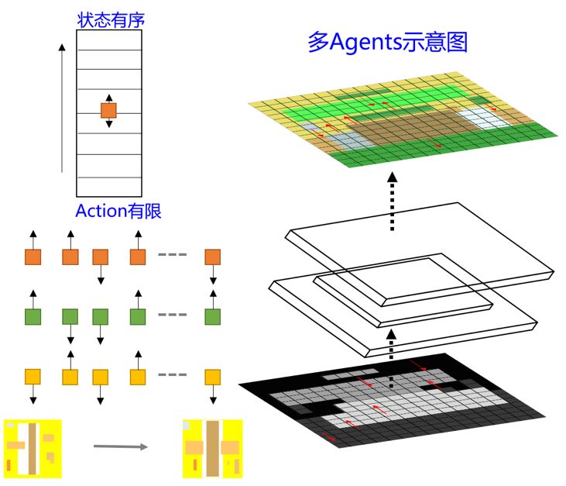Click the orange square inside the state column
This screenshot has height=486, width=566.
coord(109,111)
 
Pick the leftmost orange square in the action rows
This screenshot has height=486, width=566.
coord(33,257)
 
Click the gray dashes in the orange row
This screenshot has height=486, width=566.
coord(173,255)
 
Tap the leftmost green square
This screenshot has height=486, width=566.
coord(33,316)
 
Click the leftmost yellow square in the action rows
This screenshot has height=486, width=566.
coord(33,377)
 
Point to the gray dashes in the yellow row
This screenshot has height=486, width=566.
coord(173,375)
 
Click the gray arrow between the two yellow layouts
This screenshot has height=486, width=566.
coord(119,446)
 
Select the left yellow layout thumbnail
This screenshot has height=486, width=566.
coord(32,448)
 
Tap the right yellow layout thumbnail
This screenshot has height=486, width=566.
coord(212,448)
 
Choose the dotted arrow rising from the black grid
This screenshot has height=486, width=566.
coord(391,357)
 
